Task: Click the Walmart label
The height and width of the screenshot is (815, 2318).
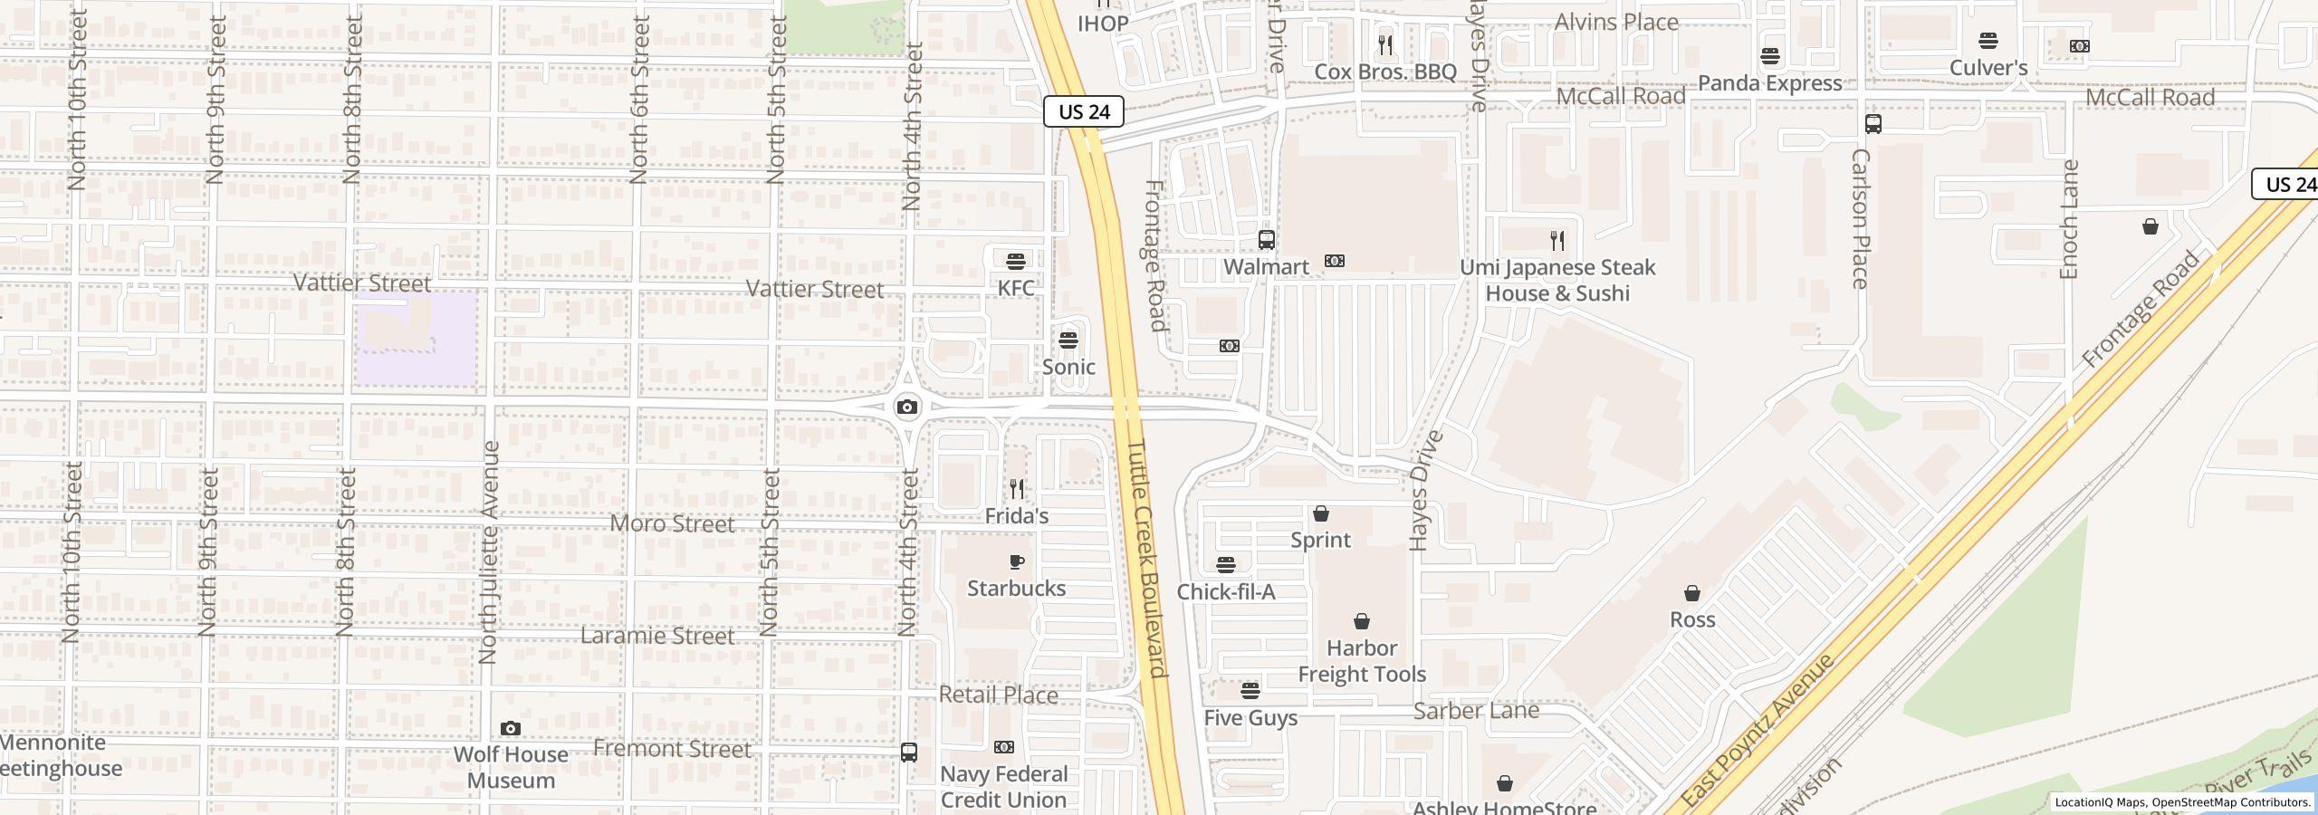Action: (x=1266, y=267)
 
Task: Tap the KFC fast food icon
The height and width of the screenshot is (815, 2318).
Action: (x=1016, y=262)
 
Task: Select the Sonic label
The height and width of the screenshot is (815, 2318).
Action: (x=1068, y=367)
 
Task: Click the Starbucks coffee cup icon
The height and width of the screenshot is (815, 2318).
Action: (x=1016, y=562)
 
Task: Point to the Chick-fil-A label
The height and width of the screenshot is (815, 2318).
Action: (x=1225, y=592)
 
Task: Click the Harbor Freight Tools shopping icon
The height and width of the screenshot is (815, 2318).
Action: (x=1361, y=622)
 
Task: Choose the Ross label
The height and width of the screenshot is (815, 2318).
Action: (x=1692, y=620)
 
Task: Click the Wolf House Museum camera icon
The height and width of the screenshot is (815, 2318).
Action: (x=511, y=729)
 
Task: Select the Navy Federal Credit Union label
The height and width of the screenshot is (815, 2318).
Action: (x=1003, y=787)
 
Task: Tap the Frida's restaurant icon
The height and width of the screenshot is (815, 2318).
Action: (x=1017, y=490)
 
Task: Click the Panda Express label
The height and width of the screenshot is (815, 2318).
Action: (x=1769, y=83)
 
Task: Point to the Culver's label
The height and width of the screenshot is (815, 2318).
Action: (x=1988, y=68)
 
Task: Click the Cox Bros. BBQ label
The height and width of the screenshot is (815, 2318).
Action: (x=1384, y=72)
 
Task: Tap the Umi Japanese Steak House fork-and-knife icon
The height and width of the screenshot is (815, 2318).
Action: (x=1557, y=241)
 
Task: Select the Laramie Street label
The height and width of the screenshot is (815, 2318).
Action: (x=656, y=636)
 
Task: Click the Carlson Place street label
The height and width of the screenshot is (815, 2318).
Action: (x=1861, y=218)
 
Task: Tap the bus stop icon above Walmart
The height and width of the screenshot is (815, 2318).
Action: (x=1267, y=240)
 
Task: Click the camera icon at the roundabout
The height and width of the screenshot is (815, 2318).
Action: (x=906, y=407)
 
